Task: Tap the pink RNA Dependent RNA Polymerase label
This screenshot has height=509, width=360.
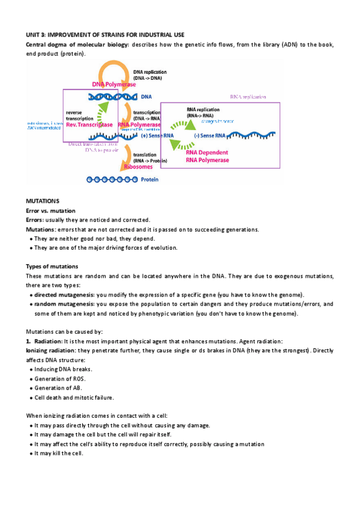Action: click(x=207, y=156)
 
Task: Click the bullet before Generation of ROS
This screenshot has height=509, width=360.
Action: click(x=31, y=379)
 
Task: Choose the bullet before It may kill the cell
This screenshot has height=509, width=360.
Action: click(x=31, y=453)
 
